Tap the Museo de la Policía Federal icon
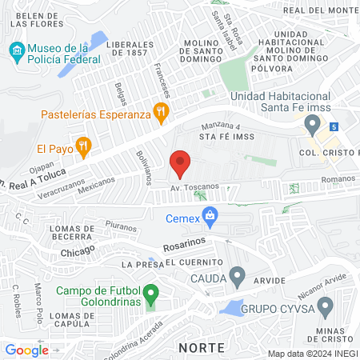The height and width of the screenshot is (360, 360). (x=17, y=54)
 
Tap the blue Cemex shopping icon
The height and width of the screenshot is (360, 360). (x=210, y=214)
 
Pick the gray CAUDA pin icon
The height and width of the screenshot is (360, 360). (x=237, y=277)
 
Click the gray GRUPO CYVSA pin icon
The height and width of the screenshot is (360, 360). (x=325, y=306)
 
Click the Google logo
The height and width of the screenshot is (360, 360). (x=27, y=350)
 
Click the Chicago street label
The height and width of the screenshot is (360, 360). (x=77, y=250)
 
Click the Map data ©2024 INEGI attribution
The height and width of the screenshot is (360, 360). (x=313, y=353)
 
